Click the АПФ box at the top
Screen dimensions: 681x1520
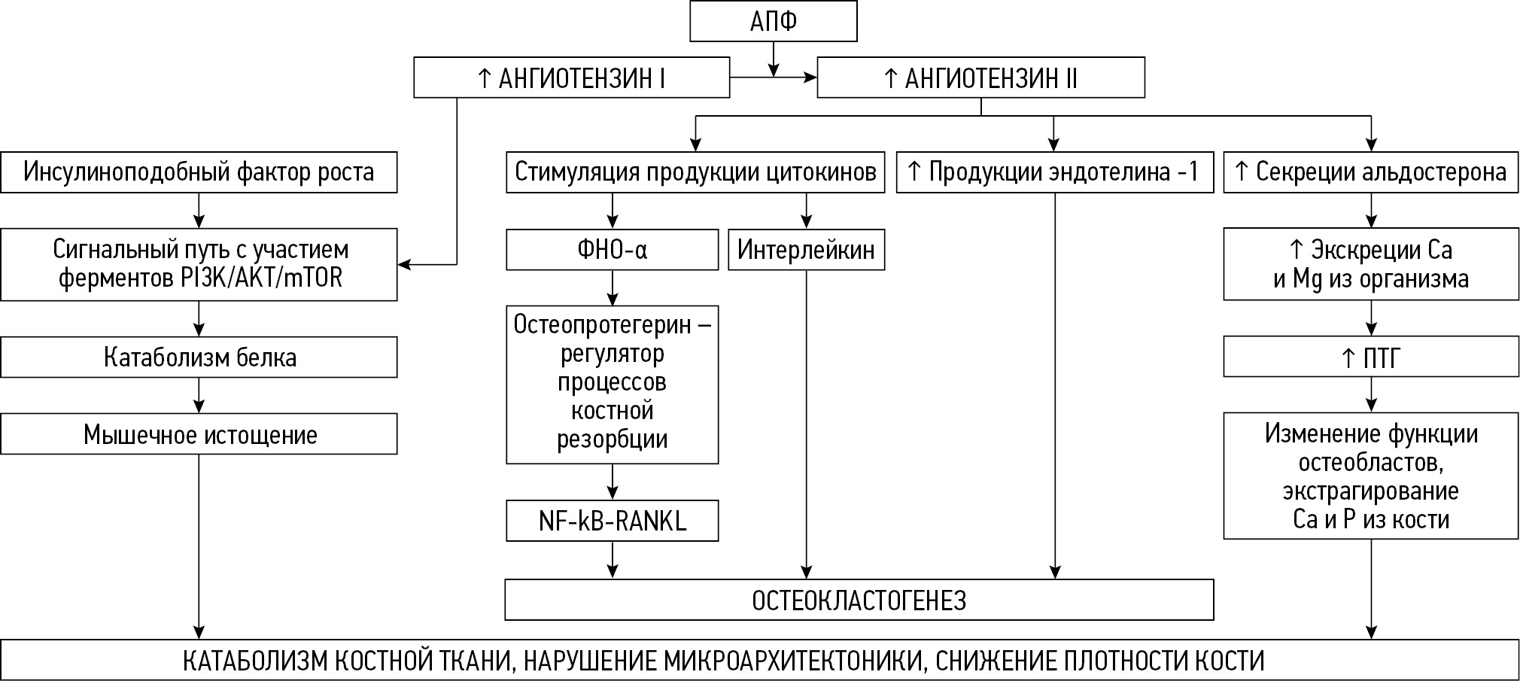click(x=773, y=22)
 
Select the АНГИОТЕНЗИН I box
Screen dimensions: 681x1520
click(x=571, y=78)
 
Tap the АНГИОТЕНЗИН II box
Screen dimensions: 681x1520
click(x=980, y=78)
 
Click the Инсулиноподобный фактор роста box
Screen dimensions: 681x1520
click(x=199, y=172)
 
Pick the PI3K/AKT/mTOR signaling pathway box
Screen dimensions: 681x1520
click(x=199, y=264)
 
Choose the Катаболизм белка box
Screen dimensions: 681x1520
click(x=199, y=357)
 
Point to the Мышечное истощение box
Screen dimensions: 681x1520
click(x=199, y=434)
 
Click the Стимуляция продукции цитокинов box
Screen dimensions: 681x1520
click(x=695, y=172)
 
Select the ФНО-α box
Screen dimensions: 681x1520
click(x=612, y=250)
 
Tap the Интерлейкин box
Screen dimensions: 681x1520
click(x=806, y=250)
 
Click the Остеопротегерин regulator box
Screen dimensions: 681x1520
click(x=612, y=384)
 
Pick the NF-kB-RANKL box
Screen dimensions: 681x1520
click(x=612, y=521)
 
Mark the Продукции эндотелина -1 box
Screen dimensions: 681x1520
click(x=1054, y=172)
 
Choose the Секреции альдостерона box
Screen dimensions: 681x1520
click(x=1370, y=172)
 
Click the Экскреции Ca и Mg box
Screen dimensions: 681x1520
click(x=1370, y=264)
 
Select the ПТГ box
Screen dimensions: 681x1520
click(x=1370, y=357)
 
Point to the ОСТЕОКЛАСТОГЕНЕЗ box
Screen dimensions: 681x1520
click(x=859, y=600)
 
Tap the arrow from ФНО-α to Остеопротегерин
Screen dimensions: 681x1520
click(x=612, y=287)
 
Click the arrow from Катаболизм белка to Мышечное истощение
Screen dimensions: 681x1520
click(x=199, y=395)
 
